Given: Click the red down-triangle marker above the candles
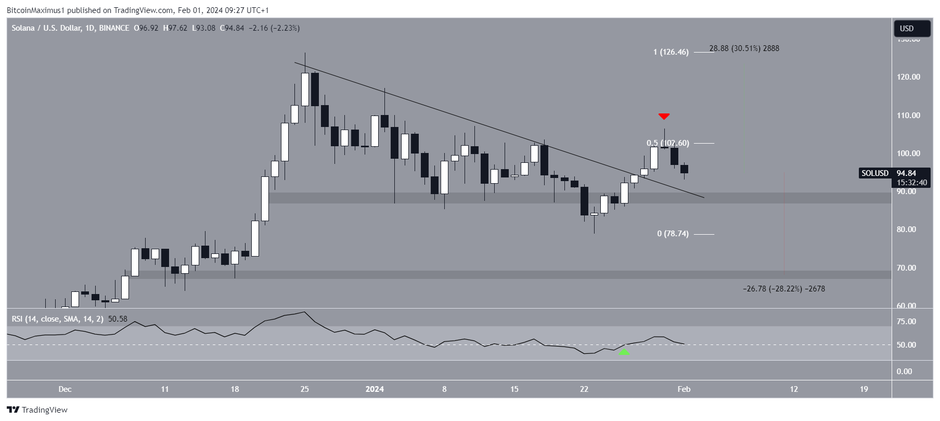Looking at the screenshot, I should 664,116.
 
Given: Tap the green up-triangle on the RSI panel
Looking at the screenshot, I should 624,352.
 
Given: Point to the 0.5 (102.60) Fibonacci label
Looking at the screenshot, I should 667,143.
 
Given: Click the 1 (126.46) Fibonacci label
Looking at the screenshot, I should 671,52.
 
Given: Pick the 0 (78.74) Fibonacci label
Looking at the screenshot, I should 673,234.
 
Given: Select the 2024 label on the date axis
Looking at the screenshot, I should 375,389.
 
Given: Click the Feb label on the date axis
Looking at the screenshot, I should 684,389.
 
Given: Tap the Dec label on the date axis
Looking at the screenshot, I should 65,389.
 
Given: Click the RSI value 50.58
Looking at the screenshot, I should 118,319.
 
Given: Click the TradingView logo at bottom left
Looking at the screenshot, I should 37,410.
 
